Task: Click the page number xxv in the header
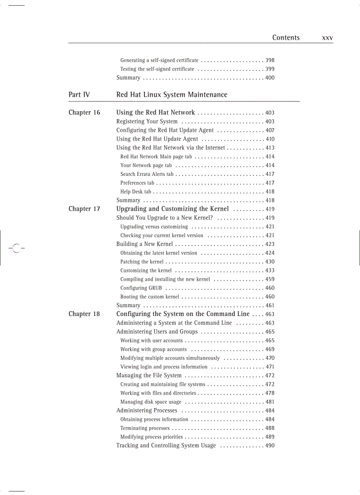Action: point(327,38)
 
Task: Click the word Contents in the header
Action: point(285,38)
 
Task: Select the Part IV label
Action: point(79,95)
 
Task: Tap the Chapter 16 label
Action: point(84,112)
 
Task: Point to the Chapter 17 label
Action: point(84,209)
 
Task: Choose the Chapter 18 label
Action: point(84,314)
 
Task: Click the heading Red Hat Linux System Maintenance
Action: point(172,95)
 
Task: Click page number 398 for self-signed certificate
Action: point(270,60)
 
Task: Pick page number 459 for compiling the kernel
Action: point(270,279)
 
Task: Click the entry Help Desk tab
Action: point(135,192)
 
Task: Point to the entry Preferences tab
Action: point(137,183)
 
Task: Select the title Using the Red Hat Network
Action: point(155,112)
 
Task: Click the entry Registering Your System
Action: point(147,121)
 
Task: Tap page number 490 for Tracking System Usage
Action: point(270,446)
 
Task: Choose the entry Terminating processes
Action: point(145,428)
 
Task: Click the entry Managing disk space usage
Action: point(150,402)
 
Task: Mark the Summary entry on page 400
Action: point(128,78)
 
